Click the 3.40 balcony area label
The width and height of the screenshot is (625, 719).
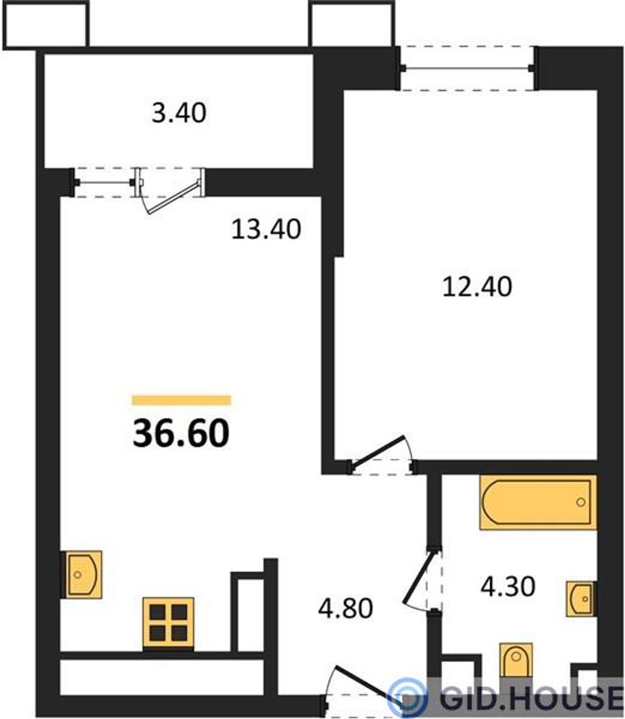(179, 113)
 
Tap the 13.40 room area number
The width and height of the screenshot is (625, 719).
(266, 229)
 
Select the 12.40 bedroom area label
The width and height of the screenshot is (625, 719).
(477, 287)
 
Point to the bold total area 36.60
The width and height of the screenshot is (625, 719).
(181, 434)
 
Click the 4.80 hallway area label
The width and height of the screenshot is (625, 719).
(345, 609)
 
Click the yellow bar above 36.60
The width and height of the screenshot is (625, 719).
(182, 400)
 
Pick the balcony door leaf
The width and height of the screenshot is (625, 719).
(173, 197)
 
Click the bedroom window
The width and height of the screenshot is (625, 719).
(468, 68)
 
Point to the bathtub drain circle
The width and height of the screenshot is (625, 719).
(581, 502)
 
